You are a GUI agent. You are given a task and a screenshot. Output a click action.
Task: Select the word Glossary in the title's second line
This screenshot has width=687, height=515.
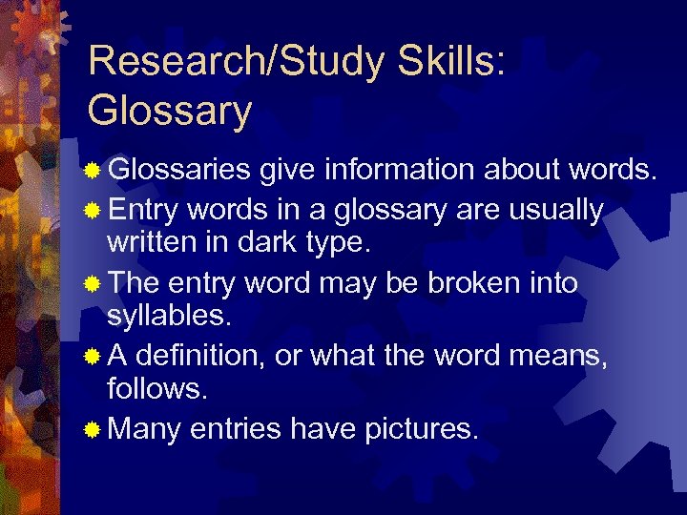[x=169, y=110]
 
